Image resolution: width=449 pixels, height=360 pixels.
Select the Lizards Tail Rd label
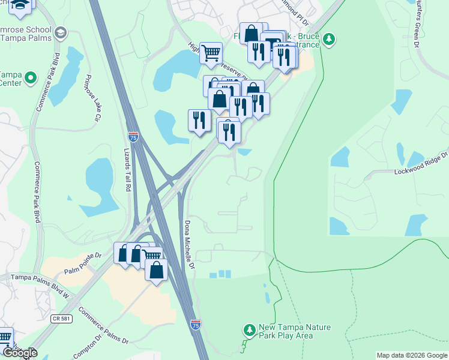(127, 170)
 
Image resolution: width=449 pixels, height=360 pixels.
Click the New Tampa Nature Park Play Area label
(294, 331)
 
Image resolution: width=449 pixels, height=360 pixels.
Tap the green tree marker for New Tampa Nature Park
(250, 330)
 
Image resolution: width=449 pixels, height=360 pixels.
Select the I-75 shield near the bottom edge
(196, 324)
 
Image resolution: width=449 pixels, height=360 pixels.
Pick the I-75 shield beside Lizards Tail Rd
(133, 137)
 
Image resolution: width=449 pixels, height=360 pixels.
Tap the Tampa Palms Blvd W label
(38, 278)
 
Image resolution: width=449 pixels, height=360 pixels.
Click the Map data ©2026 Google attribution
(412, 355)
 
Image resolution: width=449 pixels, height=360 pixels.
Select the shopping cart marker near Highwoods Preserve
(211, 53)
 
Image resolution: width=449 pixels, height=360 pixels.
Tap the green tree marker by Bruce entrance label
(328, 40)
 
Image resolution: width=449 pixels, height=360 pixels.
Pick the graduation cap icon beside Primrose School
(60, 32)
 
